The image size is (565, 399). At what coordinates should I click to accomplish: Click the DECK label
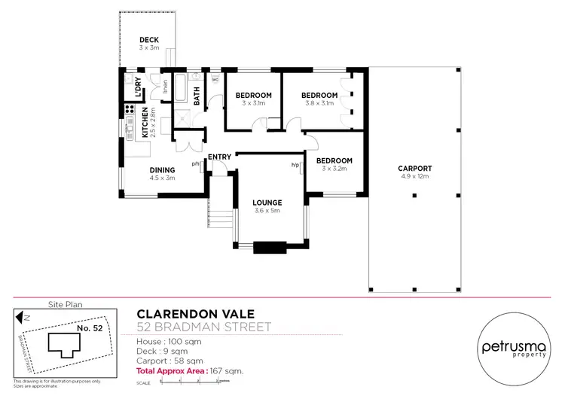pyautogui.click(x=149, y=40)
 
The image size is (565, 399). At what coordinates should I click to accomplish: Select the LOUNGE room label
pyautogui.click(x=267, y=203)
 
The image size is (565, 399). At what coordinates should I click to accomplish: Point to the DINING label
pyautogui.click(x=162, y=170)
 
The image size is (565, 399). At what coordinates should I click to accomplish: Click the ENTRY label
pyautogui.click(x=220, y=157)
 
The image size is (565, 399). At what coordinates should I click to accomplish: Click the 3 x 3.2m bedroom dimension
pyautogui.click(x=334, y=169)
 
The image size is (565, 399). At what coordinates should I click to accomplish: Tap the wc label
pyautogui.click(x=215, y=78)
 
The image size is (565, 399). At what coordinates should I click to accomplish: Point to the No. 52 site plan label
pyautogui.click(x=90, y=327)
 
